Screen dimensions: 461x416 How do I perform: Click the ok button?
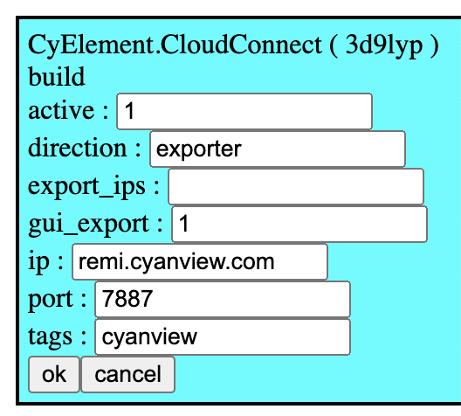[x=54, y=375]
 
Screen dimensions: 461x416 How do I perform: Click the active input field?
[x=244, y=111]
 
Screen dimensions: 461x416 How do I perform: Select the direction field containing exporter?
[x=278, y=149]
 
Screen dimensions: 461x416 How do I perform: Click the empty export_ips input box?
[x=296, y=186]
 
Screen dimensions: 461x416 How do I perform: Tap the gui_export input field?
[x=299, y=225]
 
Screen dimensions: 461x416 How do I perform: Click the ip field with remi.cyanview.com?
[x=200, y=262]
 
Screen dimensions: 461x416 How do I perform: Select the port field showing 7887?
[x=223, y=299]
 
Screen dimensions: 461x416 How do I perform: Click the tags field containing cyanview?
[x=223, y=336]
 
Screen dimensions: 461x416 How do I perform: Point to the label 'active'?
[x=61, y=111]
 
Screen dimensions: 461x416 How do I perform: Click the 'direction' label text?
[x=78, y=148]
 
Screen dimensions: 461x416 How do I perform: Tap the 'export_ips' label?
[x=86, y=186]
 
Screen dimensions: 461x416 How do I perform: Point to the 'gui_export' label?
[x=88, y=225]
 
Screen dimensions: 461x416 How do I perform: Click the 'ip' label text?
[x=38, y=262]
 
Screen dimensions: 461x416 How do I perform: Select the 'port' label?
[x=51, y=299]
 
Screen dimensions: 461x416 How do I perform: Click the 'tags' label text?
[x=50, y=337]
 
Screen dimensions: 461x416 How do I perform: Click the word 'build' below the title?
[x=57, y=76]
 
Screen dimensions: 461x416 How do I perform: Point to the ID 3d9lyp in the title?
[x=384, y=45]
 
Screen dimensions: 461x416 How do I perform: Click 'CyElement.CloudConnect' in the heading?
[x=175, y=45]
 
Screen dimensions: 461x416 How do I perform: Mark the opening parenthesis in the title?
[x=334, y=45]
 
